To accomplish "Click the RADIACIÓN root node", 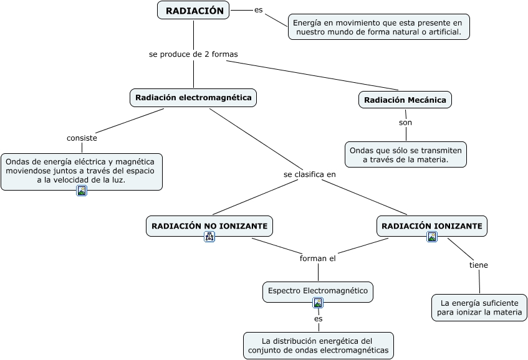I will click(x=194, y=11).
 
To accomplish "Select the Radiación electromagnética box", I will click(x=193, y=98).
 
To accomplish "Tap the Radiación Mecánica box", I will click(x=405, y=100).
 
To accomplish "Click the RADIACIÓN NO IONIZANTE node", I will click(x=209, y=225).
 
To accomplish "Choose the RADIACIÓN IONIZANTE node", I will click(x=431, y=225).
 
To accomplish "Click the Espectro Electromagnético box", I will click(x=318, y=291).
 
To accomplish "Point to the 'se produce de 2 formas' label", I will click(x=193, y=54).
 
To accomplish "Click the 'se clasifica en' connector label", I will click(x=309, y=174).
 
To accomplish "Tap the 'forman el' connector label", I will click(x=317, y=258).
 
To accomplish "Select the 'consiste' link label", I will click(x=82, y=138).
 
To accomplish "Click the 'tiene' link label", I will click(x=478, y=265).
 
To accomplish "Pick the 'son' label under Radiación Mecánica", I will click(x=405, y=123).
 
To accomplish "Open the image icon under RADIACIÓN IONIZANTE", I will click(x=432, y=237).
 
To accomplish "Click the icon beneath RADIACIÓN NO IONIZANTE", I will click(x=209, y=237).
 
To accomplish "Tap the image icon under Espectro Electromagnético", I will click(x=318, y=303).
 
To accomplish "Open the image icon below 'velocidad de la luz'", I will click(x=82, y=191).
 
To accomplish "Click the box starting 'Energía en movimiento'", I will click(x=378, y=27).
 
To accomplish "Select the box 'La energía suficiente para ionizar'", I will click(x=479, y=308).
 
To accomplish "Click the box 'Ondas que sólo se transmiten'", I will click(x=405, y=155).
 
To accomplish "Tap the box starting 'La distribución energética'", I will click(x=319, y=346).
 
